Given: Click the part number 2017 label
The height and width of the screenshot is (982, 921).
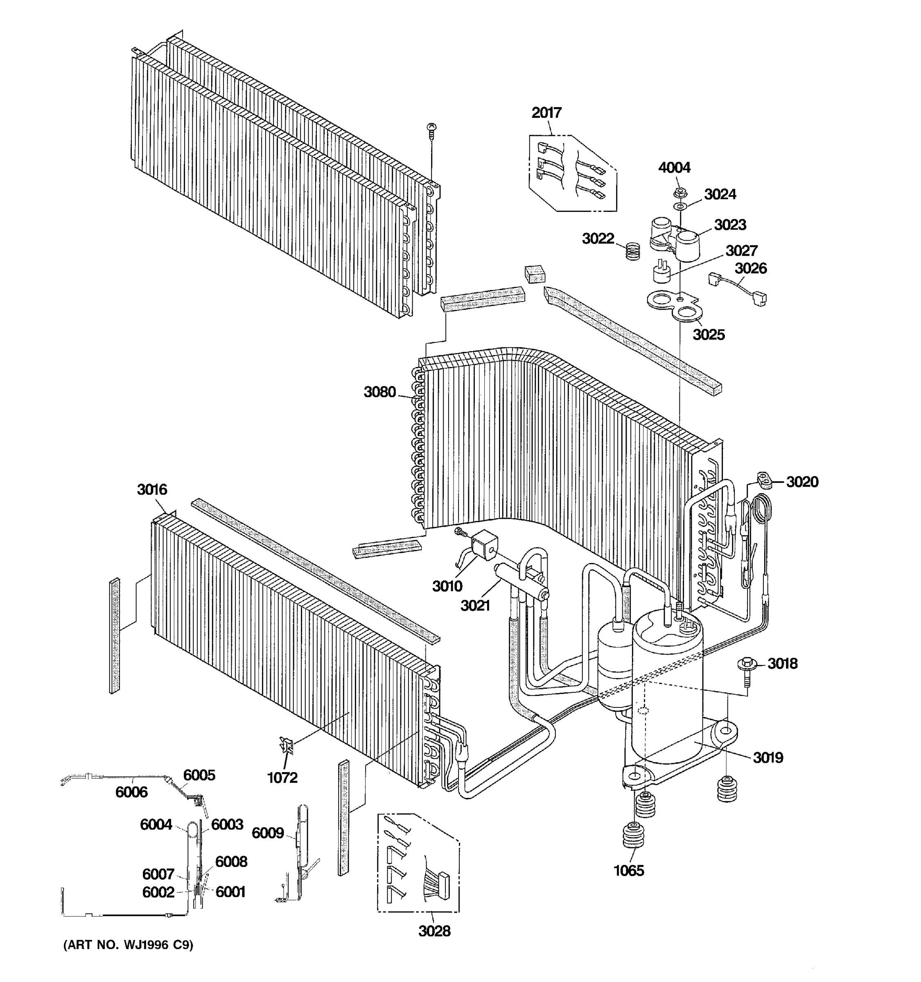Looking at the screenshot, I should coord(546,113).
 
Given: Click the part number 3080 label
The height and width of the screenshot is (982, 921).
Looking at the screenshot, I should coord(379,392).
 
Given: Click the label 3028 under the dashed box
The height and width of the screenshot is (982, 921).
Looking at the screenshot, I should coord(434,931).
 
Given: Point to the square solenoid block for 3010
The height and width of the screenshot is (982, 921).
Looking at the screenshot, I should coord(484,543).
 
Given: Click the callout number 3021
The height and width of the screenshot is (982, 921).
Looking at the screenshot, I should coord(475,605).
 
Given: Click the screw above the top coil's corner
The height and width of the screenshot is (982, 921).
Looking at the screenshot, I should coord(431,130).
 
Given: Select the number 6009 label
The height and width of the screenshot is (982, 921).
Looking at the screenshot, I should coord(267,833).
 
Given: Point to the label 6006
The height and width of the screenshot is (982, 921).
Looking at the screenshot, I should coord(131,792).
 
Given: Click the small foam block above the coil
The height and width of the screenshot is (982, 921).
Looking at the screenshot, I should coord(535,273).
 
